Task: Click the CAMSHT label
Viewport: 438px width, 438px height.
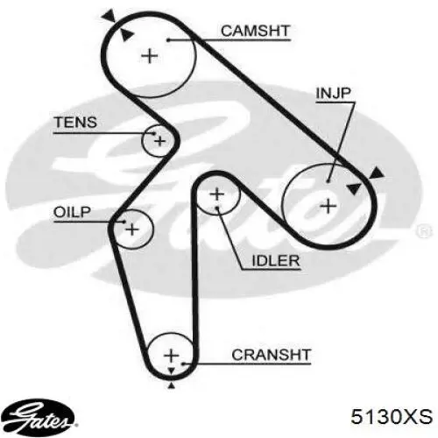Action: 255,31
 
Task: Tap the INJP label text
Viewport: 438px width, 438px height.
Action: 333,93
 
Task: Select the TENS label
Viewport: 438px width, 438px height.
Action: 75,122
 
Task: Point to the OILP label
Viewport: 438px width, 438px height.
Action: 72,212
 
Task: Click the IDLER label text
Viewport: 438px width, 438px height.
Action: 276,260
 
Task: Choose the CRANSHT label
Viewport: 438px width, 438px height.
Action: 271,355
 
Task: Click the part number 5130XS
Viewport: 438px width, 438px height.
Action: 392,416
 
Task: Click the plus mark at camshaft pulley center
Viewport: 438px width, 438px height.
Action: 150,55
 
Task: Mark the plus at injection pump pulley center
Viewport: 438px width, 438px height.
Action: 328,206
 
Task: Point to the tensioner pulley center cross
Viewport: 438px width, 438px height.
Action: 159,141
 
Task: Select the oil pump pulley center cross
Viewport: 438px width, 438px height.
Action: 132,230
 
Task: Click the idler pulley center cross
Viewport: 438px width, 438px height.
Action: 216,194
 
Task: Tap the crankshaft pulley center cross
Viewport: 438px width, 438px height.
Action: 172,356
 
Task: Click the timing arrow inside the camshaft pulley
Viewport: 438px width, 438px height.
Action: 126,34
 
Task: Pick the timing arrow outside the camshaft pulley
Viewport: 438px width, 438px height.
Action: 109,15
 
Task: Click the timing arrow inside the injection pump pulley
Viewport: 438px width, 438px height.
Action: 353,188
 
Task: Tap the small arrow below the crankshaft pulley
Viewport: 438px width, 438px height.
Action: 172,385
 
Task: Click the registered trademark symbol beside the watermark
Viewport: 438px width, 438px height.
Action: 424,231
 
